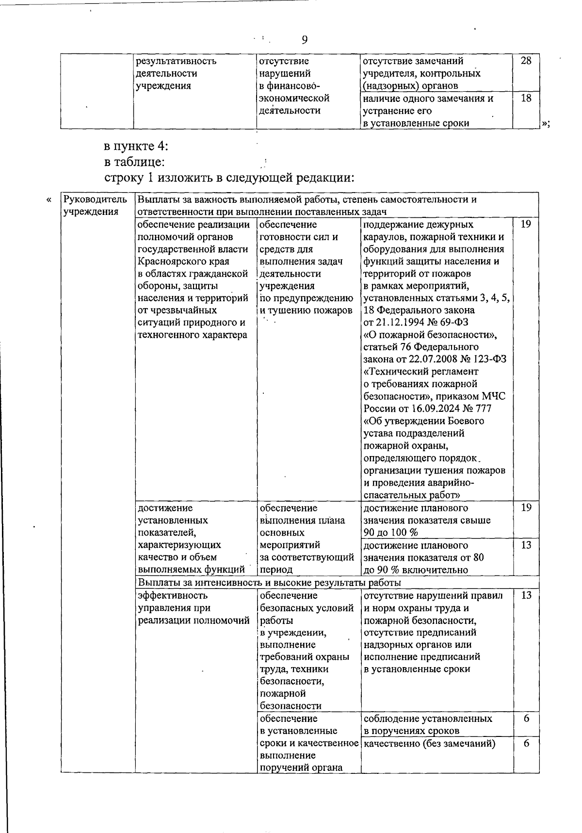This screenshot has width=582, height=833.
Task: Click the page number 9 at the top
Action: tap(304, 40)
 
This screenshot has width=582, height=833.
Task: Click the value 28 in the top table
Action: tap(526, 61)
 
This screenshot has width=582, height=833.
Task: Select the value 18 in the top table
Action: tap(526, 98)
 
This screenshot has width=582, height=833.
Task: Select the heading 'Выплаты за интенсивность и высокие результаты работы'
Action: tap(269, 582)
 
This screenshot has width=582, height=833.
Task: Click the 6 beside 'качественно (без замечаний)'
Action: tap(526, 744)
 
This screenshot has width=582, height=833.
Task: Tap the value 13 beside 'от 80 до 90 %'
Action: tap(526, 545)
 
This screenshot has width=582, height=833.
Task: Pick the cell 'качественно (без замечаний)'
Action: tap(429, 744)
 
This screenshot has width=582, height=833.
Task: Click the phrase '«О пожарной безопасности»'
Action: tap(430, 335)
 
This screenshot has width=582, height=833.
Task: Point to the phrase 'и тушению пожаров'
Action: tap(306, 310)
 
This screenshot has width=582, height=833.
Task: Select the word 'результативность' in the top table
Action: tap(177, 61)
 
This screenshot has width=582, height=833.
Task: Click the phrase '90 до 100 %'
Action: tap(390, 533)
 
